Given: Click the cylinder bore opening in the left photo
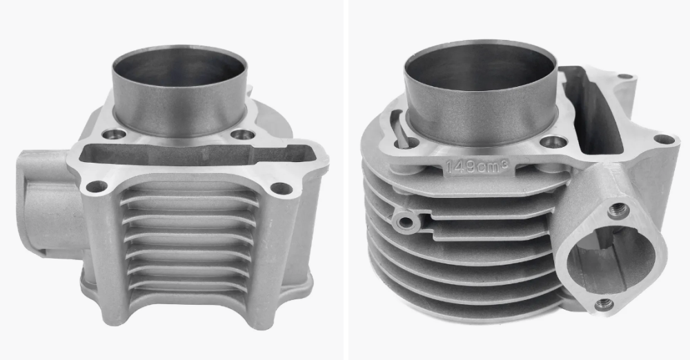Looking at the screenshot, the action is click(179, 66).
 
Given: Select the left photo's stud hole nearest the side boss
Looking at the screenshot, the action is click(97, 187).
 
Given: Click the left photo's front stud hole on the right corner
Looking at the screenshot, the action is click(282, 188).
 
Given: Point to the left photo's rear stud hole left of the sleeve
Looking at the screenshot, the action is click(114, 133).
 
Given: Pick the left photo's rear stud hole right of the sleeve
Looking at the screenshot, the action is click(243, 134).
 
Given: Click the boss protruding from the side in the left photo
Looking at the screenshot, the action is click(48, 203).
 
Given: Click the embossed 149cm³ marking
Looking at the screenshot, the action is click(477, 166).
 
